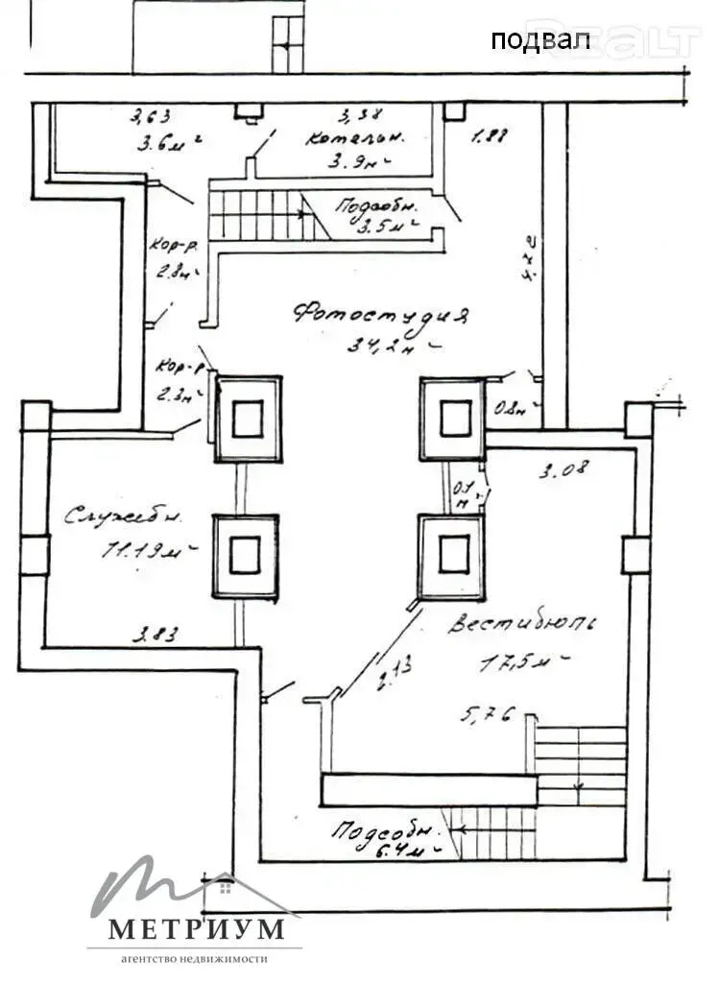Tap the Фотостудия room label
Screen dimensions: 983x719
382,315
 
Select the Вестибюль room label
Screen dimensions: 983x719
523,624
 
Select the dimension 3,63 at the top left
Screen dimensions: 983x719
151,117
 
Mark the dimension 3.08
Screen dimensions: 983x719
563,470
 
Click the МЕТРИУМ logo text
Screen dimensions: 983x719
196,929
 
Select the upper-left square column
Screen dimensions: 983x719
248,419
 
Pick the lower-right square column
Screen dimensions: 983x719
451,554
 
